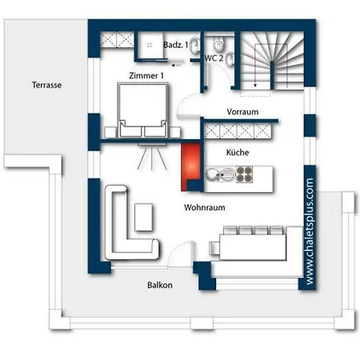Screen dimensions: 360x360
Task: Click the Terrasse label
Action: tap(46, 85)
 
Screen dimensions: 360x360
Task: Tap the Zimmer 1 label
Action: tap(146, 76)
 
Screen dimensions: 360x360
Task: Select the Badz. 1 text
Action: tap(176, 45)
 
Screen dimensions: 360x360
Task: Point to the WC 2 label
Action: tap(214, 58)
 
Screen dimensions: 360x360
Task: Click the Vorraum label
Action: tap(242, 112)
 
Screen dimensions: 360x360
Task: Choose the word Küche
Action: tap(238, 152)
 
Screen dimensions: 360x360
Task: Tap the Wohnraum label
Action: tap(205, 207)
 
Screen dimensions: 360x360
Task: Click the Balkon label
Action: tap(160, 285)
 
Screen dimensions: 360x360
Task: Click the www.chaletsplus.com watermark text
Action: tap(310, 231)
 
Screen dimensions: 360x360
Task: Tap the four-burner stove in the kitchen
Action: tap(244, 174)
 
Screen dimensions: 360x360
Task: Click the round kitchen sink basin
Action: tap(212, 174)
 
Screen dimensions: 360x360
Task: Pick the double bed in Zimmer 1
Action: tap(143, 110)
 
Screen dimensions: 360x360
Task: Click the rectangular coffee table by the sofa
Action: tap(144, 218)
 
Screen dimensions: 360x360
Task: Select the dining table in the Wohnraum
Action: tap(253, 247)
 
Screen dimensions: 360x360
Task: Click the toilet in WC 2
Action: tap(219, 43)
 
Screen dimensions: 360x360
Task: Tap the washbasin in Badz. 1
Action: tap(195, 46)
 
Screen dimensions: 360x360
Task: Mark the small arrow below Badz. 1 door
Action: tap(177, 65)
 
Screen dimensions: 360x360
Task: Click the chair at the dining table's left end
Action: tap(214, 248)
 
